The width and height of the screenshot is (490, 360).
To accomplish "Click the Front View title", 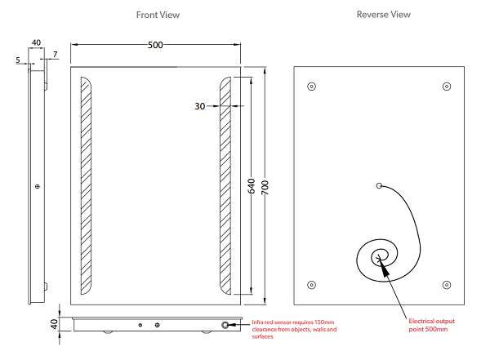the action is [x=158, y=15].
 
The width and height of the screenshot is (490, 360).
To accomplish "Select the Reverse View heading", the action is [x=384, y=15].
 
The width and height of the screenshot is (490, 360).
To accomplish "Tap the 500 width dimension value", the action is [x=155, y=45].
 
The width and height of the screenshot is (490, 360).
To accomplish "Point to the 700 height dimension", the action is [x=265, y=187].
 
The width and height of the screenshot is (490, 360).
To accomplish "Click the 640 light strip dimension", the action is [x=252, y=186].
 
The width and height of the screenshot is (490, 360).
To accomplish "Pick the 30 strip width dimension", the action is [x=200, y=106].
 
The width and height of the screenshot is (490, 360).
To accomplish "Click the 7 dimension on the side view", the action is [x=56, y=55].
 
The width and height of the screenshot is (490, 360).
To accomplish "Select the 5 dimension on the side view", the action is [x=18, y=60].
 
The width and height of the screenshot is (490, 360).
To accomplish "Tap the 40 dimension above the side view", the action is [x=36, y=42].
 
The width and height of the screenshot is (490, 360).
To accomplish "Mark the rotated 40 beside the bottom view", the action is [x=54, y=324].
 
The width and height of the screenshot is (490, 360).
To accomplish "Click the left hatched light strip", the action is [x=86, y=185].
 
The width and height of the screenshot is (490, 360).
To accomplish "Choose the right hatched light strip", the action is [x=225, y=185].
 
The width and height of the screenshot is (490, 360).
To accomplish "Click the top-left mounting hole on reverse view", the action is [x=312, y=87].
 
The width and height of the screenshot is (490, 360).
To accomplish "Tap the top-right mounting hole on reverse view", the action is [x=447, y=87].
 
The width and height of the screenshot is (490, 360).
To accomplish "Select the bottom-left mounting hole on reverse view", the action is [x=312, y=285].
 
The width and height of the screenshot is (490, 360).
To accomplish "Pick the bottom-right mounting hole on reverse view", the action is [x=447, y=285].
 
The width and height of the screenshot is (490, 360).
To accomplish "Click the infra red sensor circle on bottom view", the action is [x=225, y=325].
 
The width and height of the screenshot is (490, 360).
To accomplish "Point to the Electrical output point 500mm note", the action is [x=431, y=325].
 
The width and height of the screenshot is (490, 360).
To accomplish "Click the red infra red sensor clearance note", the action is [x=294, y=329].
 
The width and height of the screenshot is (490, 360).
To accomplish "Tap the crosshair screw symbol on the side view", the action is [x=38, y=187].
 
